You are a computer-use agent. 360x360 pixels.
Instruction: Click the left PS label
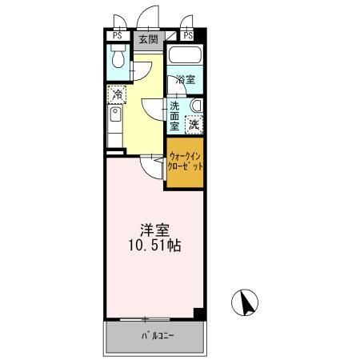pyautogui.click(x=118, y=36)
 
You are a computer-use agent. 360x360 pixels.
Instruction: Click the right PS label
pyautogui.click(x=188, y=35)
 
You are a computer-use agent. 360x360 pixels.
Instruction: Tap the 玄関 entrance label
pyautogui.click(x=148, y=40)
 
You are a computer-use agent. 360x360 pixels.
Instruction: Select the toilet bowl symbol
pyautogui.click(x=118, y=57)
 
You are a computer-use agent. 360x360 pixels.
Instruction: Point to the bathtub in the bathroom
pyautogui.click(x=185, y=55)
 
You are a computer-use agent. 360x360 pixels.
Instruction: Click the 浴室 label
pyautogui.click(x=186, y=80)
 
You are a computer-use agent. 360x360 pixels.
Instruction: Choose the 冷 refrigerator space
pyautogui.click(x=117, y=94)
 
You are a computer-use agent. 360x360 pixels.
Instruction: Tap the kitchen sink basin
pyautogui.click(x=115, y=114)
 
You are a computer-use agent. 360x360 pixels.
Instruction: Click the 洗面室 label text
pyautogui.click(x=174, y=116)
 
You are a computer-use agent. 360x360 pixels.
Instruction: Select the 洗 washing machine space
pyautogui.click(x=194, y=125)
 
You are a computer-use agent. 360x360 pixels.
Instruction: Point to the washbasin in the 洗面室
pyautogui.click(x=197, y=106)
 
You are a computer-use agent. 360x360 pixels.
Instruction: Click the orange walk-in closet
pyautogui.click(x=185, y=162)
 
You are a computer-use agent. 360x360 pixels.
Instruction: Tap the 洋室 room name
pyautogui.click(x=154, y=230)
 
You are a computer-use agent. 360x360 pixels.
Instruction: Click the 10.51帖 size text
pyautogui.click(x=154, y=246)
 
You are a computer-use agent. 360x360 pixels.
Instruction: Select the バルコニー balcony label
pyautogui.click(x=158, y=336)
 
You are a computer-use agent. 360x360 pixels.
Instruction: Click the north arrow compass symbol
pyautogui.click(x=245, y=302)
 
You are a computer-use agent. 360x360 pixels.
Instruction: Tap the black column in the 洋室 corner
pyautogui.click(x=198, y=313)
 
